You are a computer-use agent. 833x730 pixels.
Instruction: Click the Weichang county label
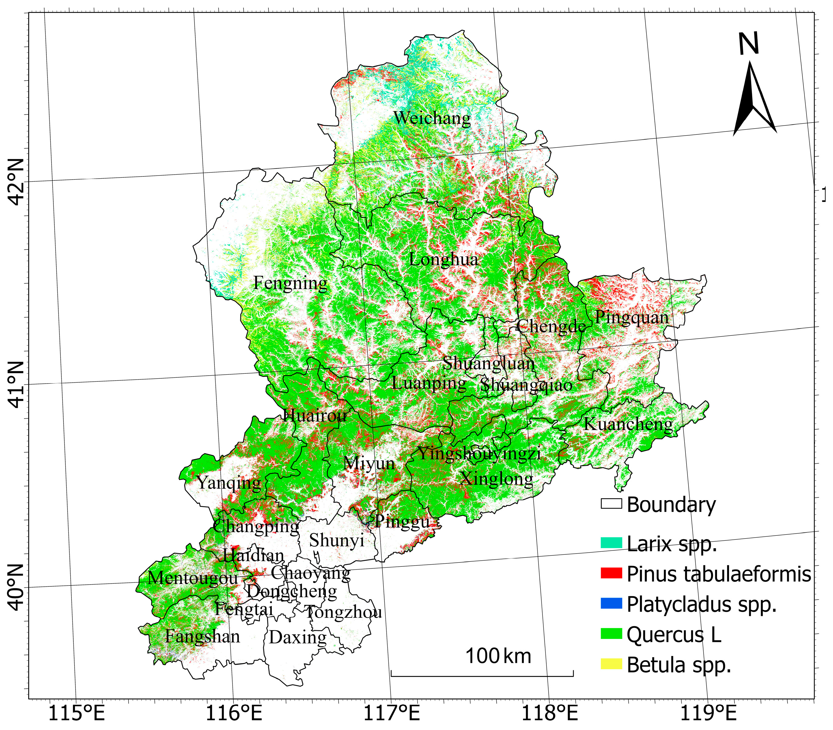click(x=432, y=118)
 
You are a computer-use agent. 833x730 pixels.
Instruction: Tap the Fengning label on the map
click(x=290, y=283)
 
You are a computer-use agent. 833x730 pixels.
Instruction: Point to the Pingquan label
click(x=632, y=317)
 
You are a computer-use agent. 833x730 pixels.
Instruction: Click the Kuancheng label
click(x=628, y=424)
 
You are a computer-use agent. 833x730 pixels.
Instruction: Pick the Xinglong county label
click(x=496, y=479)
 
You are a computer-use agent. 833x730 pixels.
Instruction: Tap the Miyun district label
click(x=369, y=464)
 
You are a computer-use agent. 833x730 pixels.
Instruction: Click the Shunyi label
click(x=337, y=541)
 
